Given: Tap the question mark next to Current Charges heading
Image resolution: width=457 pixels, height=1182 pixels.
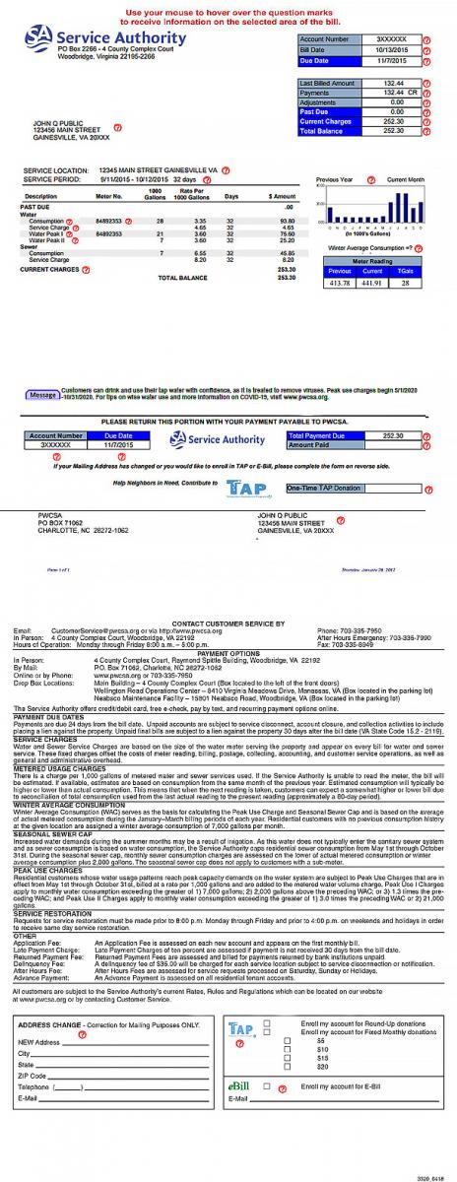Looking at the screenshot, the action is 85,269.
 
